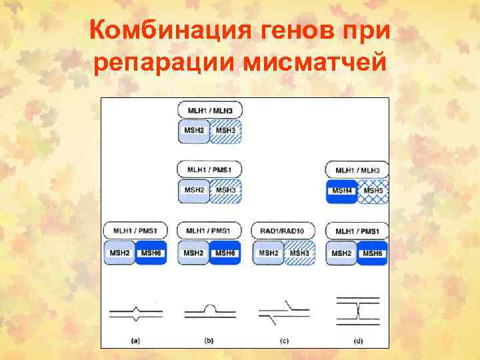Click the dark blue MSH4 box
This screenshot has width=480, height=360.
tap(341, 191)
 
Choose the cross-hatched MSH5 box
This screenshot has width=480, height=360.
tap(373, 191)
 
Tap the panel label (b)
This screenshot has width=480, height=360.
tap(209, 341)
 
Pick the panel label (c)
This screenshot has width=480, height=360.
tap(283, 341)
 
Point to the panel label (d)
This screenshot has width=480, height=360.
tap(358, 341)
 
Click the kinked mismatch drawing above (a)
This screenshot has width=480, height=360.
tap(136, 311)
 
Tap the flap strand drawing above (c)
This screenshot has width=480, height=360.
tap(283, 311)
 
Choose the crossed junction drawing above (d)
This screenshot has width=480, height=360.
tap(358, 311)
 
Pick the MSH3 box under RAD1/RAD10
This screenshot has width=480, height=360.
tap(299, 253)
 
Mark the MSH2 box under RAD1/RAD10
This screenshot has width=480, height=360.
tap(268, 253)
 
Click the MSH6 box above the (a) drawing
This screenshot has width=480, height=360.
tap(151, 253)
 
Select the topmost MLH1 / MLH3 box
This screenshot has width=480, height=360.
tap(209, 109)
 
